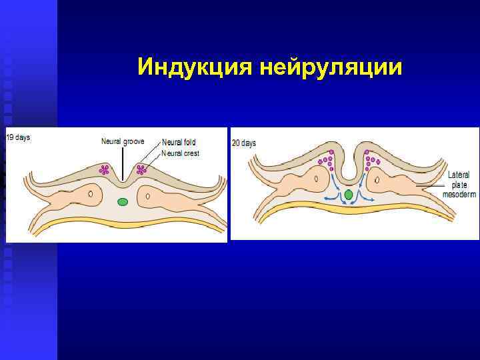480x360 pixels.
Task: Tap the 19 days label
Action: [x=19, y=137]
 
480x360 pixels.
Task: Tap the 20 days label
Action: [x=244, y=143]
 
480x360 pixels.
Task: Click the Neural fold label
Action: [x=179, y=143]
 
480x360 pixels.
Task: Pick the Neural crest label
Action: [x=181, y=153]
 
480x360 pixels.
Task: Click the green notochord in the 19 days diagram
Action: [x=123, y=201]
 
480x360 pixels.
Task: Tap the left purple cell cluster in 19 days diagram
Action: [x=104, y=169]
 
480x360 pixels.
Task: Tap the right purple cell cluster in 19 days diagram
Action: [x=141, y=169]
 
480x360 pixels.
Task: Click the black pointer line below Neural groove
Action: [x=122, y=163]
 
